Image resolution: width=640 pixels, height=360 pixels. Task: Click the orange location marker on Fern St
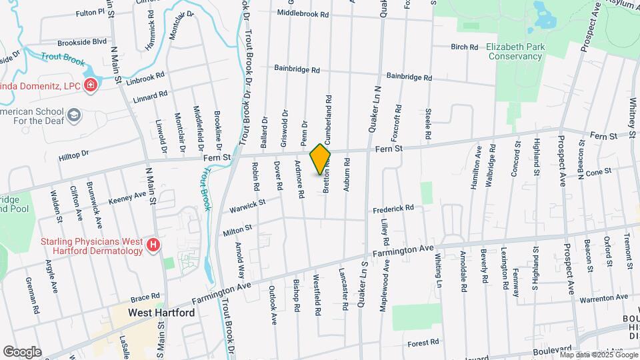321,159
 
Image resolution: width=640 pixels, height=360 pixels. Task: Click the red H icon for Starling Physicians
153,245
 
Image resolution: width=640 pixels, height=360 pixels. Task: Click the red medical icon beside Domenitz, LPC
91,85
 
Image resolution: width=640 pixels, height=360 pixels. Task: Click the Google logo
22,351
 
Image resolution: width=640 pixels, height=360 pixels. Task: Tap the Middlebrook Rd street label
303,13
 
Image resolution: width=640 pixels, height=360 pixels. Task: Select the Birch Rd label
465,47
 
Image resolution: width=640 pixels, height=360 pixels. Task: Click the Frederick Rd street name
393,208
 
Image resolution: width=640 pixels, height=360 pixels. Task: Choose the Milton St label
238,228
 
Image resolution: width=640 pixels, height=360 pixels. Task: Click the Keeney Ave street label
127,195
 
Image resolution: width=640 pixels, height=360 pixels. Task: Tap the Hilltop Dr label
73,155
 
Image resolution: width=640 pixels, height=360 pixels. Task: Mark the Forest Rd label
424,342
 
